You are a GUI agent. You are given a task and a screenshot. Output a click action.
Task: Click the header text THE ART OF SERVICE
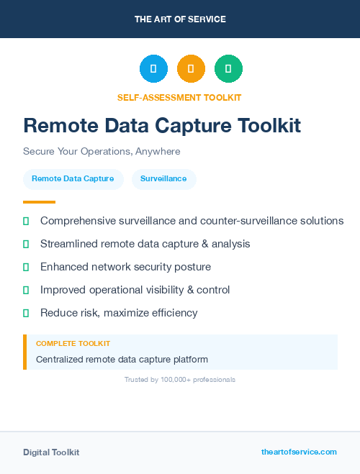[x=180, y=19]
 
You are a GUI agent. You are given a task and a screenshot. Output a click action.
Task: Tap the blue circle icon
[x=153, y=69]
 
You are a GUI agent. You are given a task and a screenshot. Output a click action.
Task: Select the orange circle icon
[x=191, y=69]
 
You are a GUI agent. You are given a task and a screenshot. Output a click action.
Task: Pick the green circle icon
[x=228, y=69]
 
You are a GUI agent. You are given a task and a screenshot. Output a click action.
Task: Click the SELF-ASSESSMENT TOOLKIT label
[x=180, y=97]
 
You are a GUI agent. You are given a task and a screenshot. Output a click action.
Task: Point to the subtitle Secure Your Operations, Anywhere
[x=102, y=152]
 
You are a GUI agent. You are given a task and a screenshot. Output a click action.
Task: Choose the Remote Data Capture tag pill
[x=73, y=178]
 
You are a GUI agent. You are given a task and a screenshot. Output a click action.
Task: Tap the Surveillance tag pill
[x=163, y=178]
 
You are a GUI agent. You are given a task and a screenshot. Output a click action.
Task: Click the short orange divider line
[x=39, y=202]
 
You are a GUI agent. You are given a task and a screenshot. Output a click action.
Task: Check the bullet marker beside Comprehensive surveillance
[x=26, y=221]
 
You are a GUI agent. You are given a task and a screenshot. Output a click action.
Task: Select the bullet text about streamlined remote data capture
[x=145, y=244]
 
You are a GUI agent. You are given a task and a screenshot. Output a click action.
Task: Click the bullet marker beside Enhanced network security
[x=26, y=267]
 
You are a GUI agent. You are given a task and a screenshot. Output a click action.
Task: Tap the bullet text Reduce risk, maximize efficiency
[x=119, y=313]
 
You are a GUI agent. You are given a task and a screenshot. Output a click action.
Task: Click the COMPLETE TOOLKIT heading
[x=73, y=344]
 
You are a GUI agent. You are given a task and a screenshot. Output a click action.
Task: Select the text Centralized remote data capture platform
[x=122, y=359]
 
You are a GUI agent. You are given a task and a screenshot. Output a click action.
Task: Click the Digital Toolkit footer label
[x=51, y=452]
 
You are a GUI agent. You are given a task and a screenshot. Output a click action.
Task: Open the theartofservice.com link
[x=299, y=452]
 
